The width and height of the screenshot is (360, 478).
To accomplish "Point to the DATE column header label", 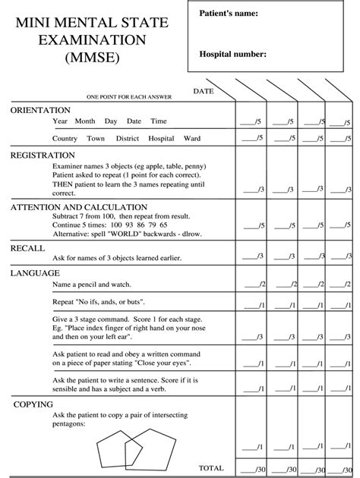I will (204, 91).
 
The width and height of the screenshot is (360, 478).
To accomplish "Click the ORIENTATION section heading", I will (40, 110).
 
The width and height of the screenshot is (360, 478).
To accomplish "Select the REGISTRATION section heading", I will (43, 155).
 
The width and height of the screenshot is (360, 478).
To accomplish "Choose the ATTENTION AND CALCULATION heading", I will (79, 206).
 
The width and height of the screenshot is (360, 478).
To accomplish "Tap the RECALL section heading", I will (28, 247).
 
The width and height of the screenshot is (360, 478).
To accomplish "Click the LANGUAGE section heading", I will (35, 272).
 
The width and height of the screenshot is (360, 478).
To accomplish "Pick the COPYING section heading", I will (33, 404).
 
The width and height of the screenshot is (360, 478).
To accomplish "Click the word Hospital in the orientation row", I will (161, 139).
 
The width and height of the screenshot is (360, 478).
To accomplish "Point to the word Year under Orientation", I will (61, 121).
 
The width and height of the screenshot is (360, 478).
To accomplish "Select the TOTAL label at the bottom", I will (211, 468).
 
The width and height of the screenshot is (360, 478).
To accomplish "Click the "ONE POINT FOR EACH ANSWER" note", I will (129, 97).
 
